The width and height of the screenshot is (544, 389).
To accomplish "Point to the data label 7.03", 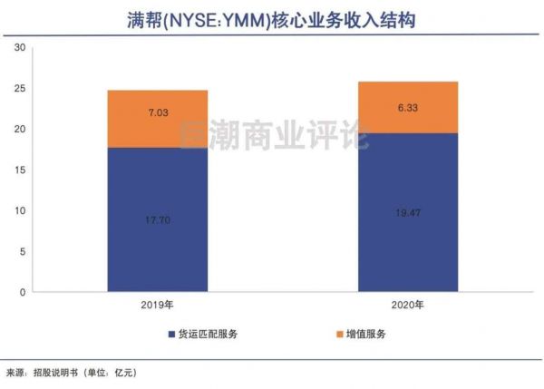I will [x=157, y=113].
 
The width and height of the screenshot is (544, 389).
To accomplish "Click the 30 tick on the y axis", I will [x=19, y=48].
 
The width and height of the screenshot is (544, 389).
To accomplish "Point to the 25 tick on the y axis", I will [x=19, y=89].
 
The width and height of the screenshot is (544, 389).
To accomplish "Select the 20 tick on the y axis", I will [x=19, y=130].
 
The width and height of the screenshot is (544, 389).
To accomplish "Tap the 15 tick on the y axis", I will [x=19, y=170].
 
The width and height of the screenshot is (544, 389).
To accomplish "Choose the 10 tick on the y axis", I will [x=19, y=211].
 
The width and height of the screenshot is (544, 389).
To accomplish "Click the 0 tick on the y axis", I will [x=22, y=292].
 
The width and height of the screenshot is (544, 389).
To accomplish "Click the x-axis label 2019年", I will [x=157, y=306].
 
